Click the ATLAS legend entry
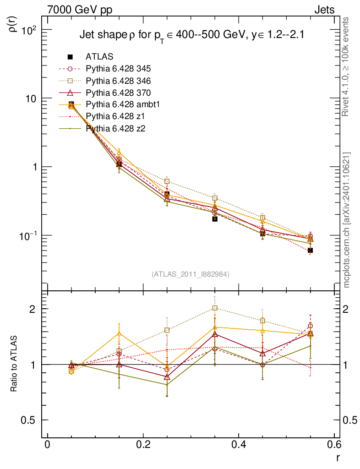tap(99, 57)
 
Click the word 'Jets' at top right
tap(324, 10)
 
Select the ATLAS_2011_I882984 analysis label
tap(191, 274)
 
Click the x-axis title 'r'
tap(338, 457)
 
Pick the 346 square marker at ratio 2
tap(215, 308)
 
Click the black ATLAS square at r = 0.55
tap(310, 250)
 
